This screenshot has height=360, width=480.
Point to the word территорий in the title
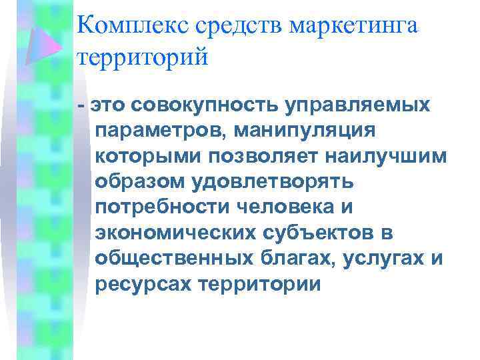(x=143, y=57)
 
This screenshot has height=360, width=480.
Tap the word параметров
(x=160, y=131)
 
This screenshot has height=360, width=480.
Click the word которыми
(x=147, y=156)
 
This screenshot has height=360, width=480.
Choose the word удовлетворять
(x=273, y=182)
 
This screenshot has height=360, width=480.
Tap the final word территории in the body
(x=261, y=285)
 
